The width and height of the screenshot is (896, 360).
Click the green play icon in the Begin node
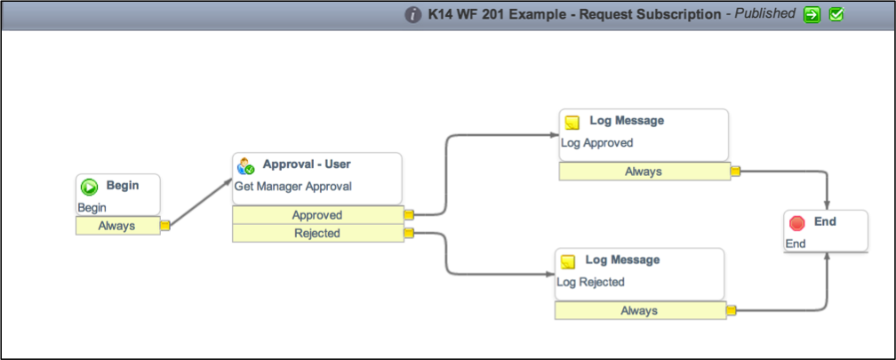coord(89,187)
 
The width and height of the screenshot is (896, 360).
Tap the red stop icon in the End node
coord(797,223)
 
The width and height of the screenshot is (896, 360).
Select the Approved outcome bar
coord(317,215)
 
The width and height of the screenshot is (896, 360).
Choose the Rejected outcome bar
coord(317,233)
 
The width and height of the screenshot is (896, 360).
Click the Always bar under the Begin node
coord(117,226)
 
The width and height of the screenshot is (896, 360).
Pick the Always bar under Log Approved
coord(644,172)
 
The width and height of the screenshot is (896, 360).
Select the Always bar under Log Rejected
coord(640,311)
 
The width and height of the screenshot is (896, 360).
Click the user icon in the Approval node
coord(245,165)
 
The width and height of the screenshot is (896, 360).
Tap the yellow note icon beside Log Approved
coord(572,123)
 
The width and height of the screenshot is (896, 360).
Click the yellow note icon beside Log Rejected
coord(567,261)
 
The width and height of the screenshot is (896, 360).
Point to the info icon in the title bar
coord(413,15)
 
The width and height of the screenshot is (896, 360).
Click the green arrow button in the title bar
coord(812,14)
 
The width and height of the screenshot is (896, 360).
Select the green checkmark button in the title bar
coord(836,14)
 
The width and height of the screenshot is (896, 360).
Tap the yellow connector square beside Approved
coord(409,215)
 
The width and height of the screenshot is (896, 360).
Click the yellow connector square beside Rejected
coord(409,233)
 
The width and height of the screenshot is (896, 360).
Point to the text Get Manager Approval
coord(293,187)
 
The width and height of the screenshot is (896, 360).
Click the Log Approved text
coord(597,143)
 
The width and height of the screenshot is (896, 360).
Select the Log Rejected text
coord(591,282)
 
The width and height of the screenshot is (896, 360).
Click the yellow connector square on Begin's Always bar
coord(165,226)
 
